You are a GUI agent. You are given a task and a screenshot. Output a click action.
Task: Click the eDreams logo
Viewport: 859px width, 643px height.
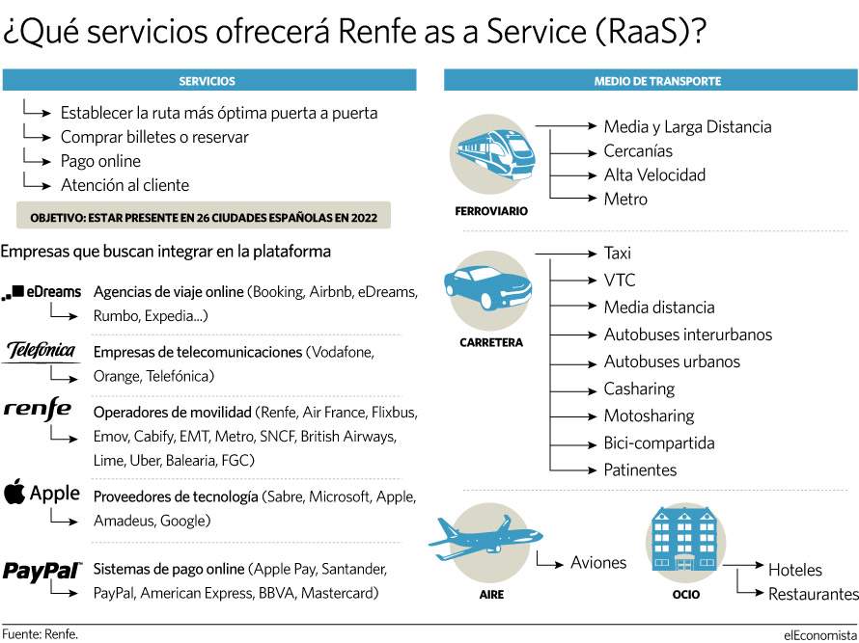tap(42, 292)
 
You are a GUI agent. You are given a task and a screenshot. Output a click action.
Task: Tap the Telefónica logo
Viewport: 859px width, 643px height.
tap(42, 351)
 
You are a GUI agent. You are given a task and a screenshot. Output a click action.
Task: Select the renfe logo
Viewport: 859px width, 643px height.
tap(38, 410)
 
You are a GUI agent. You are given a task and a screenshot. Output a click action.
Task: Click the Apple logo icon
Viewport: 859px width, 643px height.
tap(14, 492)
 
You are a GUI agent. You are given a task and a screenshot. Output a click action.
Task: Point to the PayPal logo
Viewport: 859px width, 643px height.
tap(42, 571)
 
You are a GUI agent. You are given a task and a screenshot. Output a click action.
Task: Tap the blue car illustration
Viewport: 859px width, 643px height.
tap(487, 287)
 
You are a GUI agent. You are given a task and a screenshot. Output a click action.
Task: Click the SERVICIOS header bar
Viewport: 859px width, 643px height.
tap(209, 81)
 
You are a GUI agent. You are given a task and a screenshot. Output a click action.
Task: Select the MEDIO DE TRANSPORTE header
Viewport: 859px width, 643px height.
tap(651, 81)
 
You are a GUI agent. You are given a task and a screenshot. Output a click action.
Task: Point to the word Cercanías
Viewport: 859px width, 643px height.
tap(638, 151)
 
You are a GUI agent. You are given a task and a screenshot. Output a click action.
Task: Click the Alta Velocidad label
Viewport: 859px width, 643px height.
tap(654, 175)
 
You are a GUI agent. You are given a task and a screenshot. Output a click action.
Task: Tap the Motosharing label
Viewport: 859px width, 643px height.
tap(649, 415)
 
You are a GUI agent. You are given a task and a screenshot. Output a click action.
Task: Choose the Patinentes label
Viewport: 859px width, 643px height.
tap(640, 470)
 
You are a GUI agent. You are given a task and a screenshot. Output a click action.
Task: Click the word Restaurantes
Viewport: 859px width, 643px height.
tap(813, 594)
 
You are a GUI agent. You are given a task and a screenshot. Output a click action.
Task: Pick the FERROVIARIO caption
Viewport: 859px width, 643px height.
tap(491, 211)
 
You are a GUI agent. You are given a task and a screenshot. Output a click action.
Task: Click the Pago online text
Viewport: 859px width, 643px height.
tap(100, 161)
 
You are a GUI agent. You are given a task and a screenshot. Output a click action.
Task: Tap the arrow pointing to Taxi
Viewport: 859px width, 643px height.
tap(566, 254)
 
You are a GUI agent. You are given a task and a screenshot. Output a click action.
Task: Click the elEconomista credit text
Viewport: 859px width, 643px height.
tap(820, 634)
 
